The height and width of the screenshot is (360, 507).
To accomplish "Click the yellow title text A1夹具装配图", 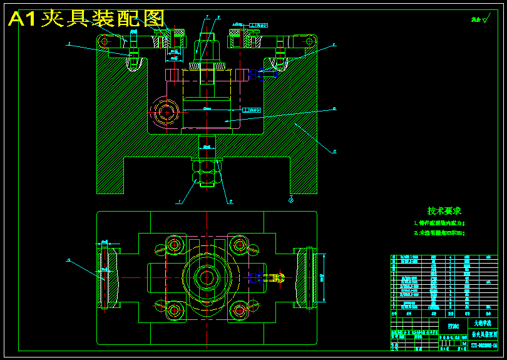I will tap(86, 19).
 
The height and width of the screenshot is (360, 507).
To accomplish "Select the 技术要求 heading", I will tap(444, 211).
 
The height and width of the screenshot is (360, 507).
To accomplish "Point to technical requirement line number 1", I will tap(439, 222).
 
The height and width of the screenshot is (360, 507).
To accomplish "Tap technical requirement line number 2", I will tap(439, 232).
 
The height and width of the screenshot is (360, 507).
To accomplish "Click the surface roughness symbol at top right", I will tap(481, 19).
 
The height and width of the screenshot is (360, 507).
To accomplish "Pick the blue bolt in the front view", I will tap(257, 75).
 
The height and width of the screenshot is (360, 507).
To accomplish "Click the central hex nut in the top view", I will tap(206, 276).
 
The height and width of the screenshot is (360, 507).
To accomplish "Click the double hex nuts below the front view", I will tap(206, 172).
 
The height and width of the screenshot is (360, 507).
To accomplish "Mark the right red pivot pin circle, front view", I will tap(309, 41).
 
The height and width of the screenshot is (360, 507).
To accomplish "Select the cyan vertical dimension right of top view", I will tap(324, 277).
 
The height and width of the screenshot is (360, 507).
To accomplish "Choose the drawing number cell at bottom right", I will tap(484, 346).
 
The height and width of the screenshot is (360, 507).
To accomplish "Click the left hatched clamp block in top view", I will tap(110, 277).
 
